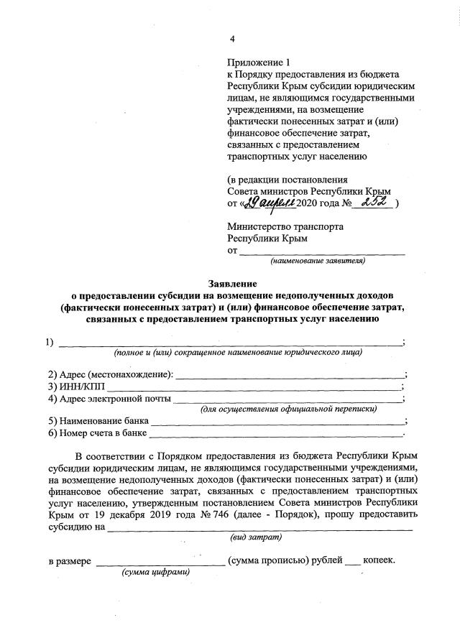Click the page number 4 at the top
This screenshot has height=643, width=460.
click(231, 39)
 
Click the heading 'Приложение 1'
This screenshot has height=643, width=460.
click(257, 63)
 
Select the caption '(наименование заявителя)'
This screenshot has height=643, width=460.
click(317, 261)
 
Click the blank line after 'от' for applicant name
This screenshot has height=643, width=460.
click(321, 251)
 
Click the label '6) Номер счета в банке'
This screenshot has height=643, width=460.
click(97, 433)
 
